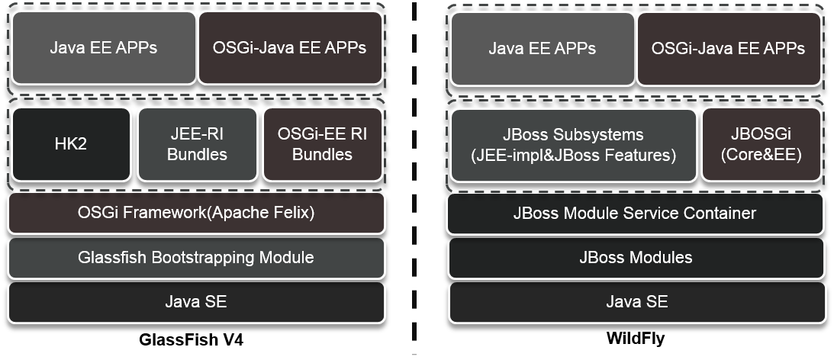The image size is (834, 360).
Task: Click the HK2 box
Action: click(x=72, y=144)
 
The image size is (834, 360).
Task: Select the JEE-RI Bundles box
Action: click(x=197, y=144)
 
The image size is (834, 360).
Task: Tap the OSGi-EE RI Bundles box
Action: click(x=322, y=144)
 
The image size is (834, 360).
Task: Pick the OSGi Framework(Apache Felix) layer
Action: click(x=196, y=213)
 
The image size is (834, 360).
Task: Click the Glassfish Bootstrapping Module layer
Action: click(x=196, y=257)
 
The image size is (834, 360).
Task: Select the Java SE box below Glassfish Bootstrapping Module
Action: click(x=196, y=301)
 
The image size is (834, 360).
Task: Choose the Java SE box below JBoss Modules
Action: click(x=636, y=301)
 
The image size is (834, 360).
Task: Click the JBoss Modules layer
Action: click(x=636, y=257)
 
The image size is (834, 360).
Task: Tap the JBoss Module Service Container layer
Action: click(x=636, y=213)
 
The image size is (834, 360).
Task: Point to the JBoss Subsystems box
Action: click(x=573, y=145)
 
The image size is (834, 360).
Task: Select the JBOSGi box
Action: click(x=762, y=145)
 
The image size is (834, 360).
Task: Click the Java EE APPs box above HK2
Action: click(x=103, y=47)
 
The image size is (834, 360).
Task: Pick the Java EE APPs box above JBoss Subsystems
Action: click(x=542, y=48)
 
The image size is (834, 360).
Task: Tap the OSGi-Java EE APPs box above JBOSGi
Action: click(x=728, y=48)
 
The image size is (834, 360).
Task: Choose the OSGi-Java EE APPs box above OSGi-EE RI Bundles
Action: click(x=290, y=47)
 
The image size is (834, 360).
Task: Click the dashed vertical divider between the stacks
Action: click(x=415, y=180)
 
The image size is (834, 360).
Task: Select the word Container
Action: click(x=721, y=213)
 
